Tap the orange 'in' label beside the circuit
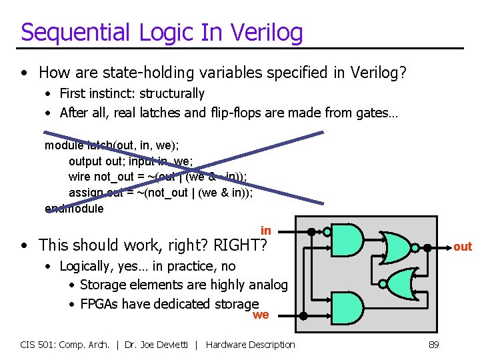265,231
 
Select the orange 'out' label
462,247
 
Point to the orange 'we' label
261,315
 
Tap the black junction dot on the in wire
311,231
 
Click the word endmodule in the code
74,209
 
